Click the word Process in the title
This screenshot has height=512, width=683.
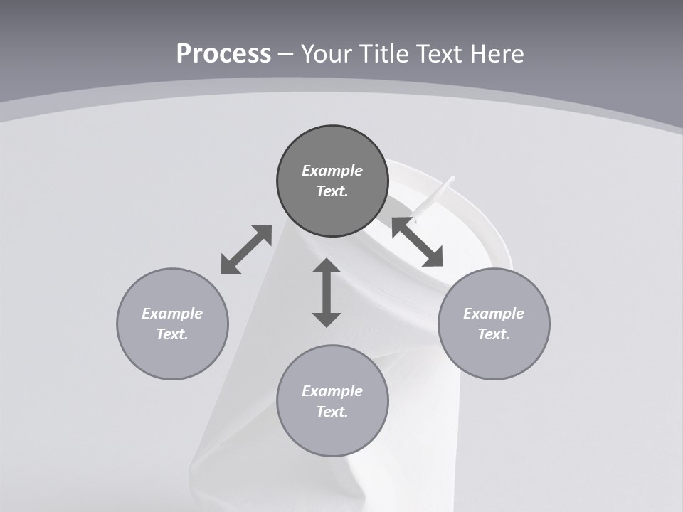[x=223, y=54]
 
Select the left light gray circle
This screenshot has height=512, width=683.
[x=172, y=324]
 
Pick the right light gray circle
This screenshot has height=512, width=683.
[x=494, y=324]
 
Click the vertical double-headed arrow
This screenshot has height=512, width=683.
[x=327, y=293]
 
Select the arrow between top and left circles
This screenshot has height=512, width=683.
[x=246, y=250]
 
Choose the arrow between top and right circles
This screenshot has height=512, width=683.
[x=418, y=242]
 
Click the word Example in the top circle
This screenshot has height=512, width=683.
[x=332, y=171]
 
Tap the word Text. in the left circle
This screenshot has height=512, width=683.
[x=172, y=334]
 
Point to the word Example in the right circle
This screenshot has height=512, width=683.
[x=494, y=314]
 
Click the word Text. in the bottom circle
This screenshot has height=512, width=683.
[x=332, y=412]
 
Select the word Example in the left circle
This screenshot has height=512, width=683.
[x=172, y=314]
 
